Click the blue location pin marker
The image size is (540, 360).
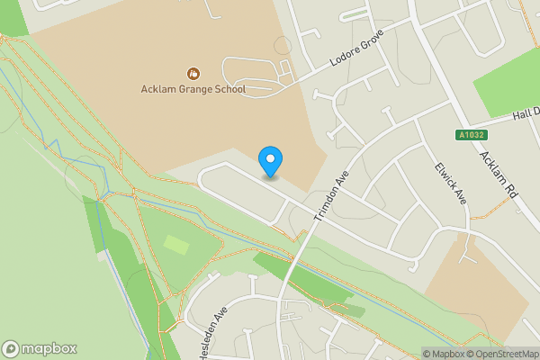coord(270,161)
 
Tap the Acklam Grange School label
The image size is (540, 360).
coord(193,89)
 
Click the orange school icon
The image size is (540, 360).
coord(193,73)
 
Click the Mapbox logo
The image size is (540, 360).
coord(40,349)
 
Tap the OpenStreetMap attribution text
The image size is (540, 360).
coord(500,353)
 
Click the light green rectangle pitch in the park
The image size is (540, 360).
coord(177,244)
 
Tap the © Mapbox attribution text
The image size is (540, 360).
coord(442,353)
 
